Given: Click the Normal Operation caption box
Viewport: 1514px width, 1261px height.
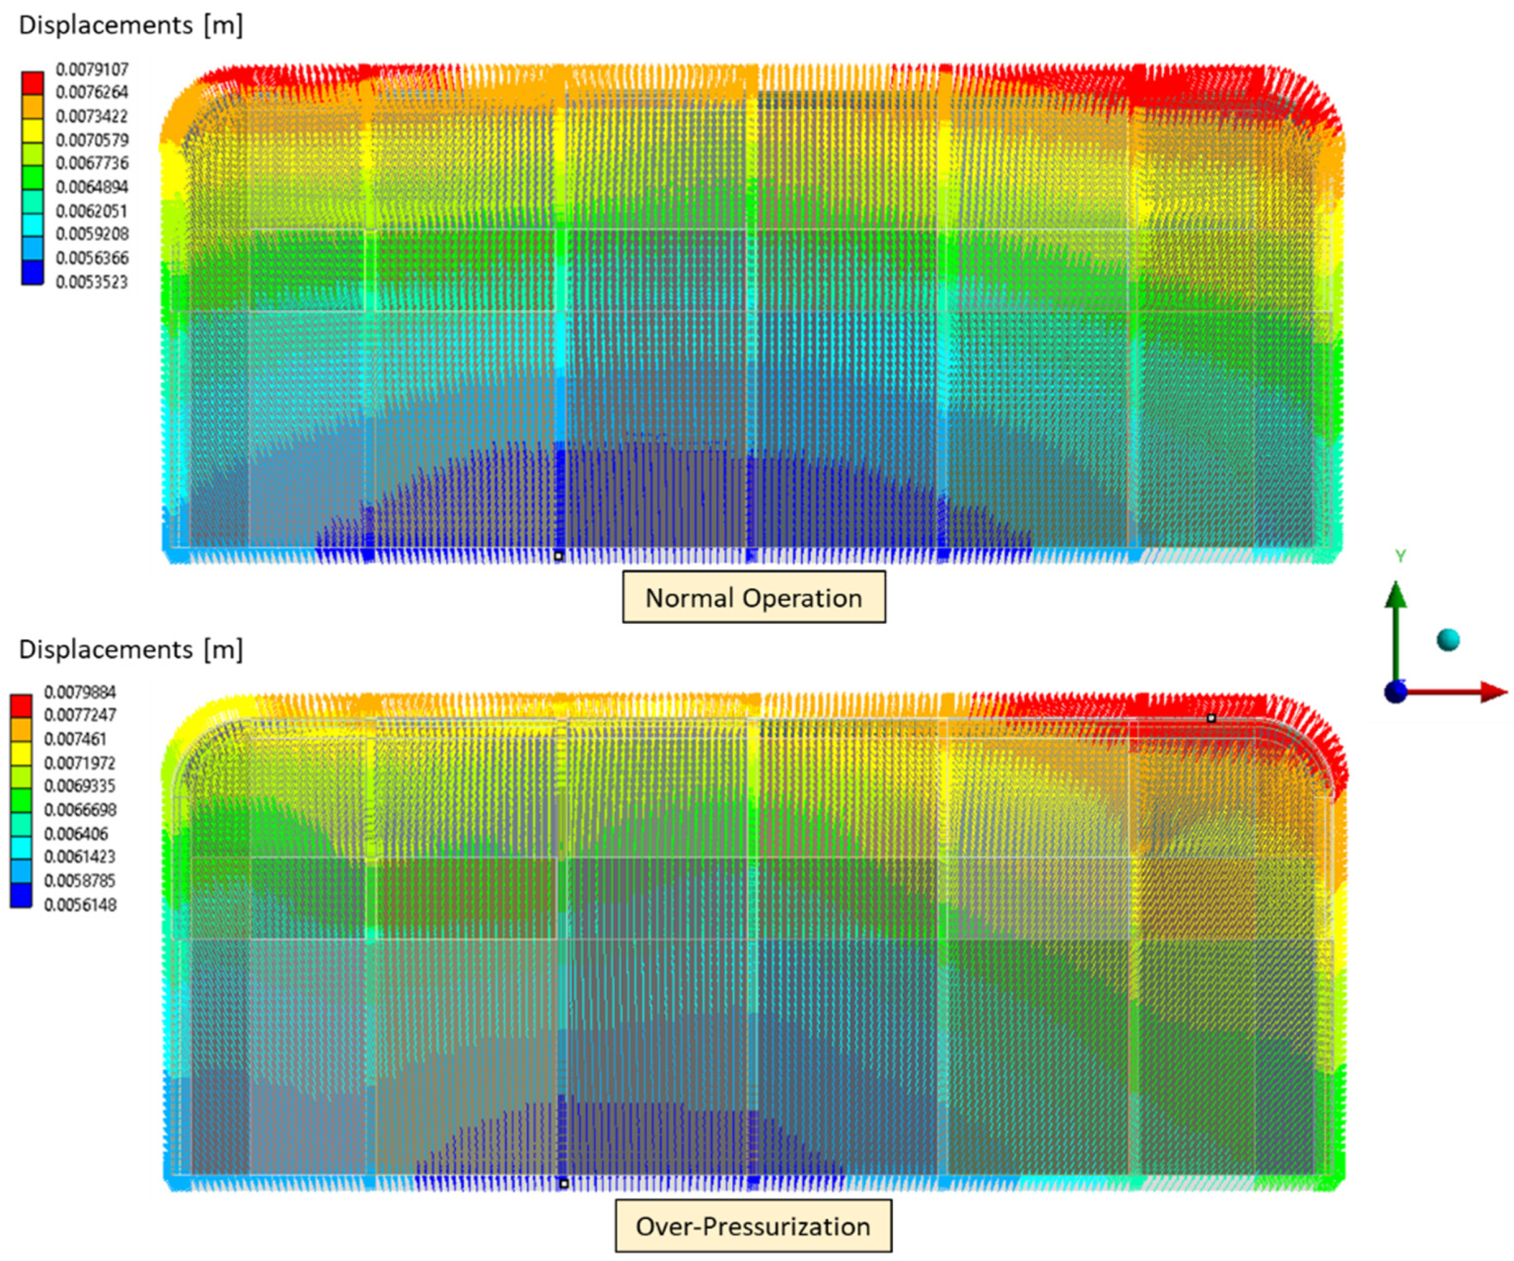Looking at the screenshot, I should [x=754, y=598].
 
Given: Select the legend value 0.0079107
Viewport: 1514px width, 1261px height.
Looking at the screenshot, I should [x=92, y=70].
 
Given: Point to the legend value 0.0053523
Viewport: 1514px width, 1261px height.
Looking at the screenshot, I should [x=92, y=282].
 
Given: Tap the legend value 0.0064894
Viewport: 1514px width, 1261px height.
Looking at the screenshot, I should [x=92, y=187].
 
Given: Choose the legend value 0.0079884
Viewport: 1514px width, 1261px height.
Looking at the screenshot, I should [x=80, y=693].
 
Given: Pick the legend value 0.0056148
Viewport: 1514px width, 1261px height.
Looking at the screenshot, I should [x=80, y=905].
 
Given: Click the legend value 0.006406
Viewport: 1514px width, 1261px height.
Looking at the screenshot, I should [x=76, y=834].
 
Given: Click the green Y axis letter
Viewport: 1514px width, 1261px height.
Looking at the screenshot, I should [x=1400, y=556].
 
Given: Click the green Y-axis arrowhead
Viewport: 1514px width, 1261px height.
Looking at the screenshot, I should [x=1396, y=595].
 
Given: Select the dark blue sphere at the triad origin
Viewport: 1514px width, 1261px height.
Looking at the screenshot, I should [x=1396, y=692].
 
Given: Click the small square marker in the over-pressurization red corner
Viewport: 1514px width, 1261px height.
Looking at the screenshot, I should [x=1211, y=718].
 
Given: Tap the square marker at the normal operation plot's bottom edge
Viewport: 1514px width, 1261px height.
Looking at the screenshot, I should [x=558, y=556].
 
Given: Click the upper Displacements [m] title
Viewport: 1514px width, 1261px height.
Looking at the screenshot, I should [x=131, y=25].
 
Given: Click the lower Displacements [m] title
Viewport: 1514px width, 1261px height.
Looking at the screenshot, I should [x=131, y=650].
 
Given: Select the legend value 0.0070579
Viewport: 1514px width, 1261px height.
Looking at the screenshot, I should [x=92, y=140].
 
